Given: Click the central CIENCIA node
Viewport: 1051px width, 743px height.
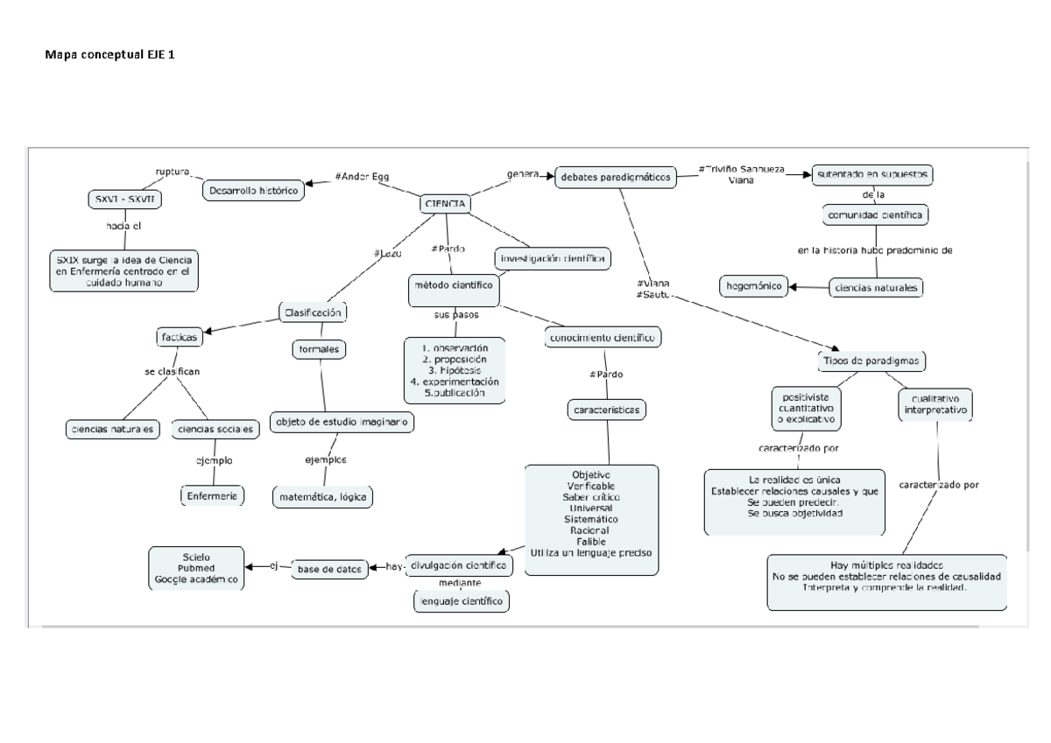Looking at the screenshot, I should pyautogui.click(x=445, y=204).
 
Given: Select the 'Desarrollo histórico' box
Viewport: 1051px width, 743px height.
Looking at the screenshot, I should pyautogui.click(x=253, y=189).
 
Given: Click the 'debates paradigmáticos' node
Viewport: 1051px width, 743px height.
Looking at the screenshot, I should pyautogui.click(x=616, y=177).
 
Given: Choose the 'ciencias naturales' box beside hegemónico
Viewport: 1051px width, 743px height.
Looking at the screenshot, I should pyautogui.click(x=876, y=286).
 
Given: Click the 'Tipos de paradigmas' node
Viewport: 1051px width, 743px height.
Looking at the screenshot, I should pyautogui.click(x=872, y=360).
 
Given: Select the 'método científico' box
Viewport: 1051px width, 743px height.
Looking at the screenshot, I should pyautogui.click(x=453, y=284).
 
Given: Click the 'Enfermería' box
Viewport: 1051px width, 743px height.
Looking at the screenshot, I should pyautogui.click(x=212, y=496).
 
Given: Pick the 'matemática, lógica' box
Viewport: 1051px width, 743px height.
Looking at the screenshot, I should pyautogui.click(x=324, y=497).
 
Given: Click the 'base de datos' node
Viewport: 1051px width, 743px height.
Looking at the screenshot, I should pyautogui.click(x=328, y=569).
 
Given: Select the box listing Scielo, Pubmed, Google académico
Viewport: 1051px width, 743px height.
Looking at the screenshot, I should pyautogui.click(x=197, y=569).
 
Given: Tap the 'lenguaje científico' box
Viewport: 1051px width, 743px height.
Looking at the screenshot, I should pyautogui.click(x=461, y=601).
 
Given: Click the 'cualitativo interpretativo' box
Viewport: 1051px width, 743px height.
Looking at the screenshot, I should pyautogui.click(x=936, y=403).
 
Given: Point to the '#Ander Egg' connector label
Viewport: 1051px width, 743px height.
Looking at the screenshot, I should pyautogui.click(x=362, y=176).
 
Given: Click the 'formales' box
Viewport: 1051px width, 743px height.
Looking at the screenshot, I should pyautogui.click(x=319, y=349).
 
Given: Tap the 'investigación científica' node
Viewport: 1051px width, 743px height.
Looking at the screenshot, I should pyautogui.click(x=552, y=259).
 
